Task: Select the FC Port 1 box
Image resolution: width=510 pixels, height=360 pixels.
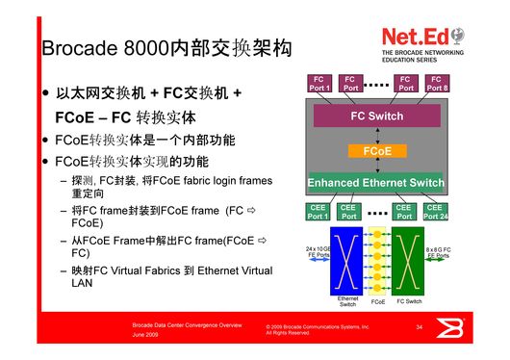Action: tap(319, 84)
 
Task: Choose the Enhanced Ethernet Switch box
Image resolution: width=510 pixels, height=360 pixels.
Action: tap(375, 183)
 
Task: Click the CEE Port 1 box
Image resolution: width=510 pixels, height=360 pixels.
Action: tap(319, 212)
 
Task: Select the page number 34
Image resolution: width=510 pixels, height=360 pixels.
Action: tap(420, 328)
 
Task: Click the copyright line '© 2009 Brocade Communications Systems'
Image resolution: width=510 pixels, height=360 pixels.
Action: tap(317, 327)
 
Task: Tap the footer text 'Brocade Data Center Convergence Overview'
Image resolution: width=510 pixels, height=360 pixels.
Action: tap(188, 326)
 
